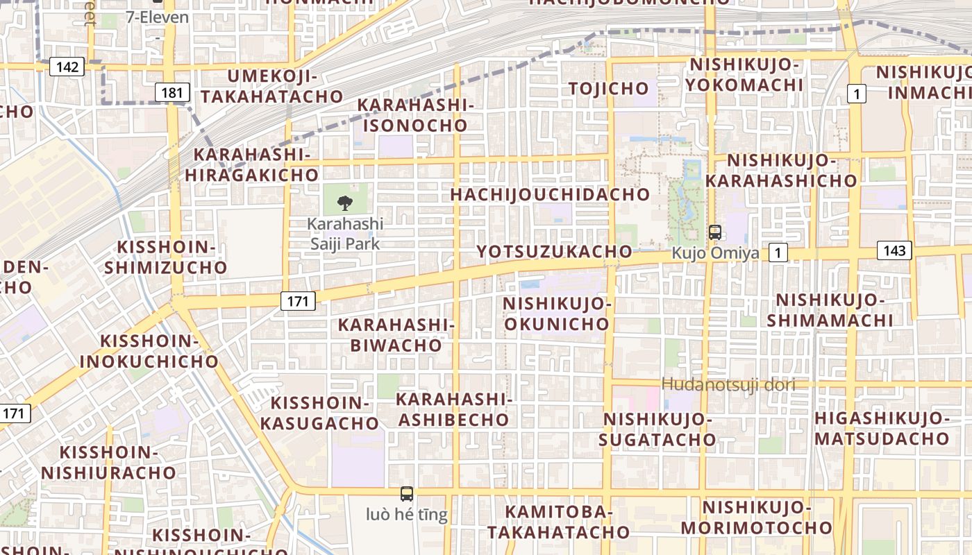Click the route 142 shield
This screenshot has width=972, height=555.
coord(67,67)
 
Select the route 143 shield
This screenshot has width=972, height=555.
coord(894,250)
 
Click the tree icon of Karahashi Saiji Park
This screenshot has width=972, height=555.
coord(344,203)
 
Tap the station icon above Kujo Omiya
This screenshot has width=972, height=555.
coord(714,232)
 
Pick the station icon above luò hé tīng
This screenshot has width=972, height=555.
coord(407,494)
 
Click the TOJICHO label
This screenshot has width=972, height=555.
coord(609,88)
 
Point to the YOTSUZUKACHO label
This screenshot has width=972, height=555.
coord(555,251)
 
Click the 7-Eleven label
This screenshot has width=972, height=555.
coord(158,17)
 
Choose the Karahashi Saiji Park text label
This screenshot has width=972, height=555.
coord(345,234)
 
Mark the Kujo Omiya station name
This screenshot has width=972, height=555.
coord(715,253)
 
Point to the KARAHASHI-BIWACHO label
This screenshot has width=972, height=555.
coord(396,335)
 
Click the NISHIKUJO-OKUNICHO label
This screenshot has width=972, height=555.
coord(557,314)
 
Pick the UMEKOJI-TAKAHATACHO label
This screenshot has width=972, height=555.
coord(273,87)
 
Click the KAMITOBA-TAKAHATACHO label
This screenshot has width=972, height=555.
coord(558,522)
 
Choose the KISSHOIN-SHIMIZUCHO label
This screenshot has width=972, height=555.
coord(171,257)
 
